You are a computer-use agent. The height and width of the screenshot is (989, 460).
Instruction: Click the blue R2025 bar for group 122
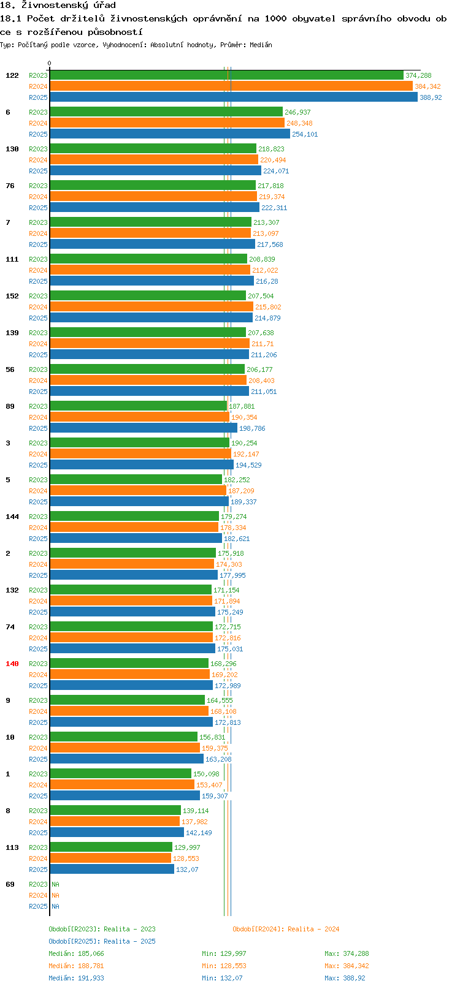pos(234,97)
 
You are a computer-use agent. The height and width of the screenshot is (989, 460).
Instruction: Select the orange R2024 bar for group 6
pos(167,123)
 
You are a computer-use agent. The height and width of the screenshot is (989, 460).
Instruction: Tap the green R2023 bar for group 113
pos(111,847)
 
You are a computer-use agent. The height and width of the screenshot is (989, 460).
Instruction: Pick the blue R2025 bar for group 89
pos(144,428)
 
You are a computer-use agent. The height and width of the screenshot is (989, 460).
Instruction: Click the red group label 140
pos(12,664)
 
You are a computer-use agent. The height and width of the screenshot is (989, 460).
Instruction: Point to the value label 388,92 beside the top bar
pos(431,97)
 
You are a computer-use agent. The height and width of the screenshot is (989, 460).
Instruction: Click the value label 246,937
pos(297,112)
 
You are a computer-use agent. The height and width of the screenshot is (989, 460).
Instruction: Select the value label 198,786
pos(252,428)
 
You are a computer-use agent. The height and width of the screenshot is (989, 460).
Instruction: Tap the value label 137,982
pos(194,822)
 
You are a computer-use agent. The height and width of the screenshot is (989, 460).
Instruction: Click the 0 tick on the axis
pos(49,63)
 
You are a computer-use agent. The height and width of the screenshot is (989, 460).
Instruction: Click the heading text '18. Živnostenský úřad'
pos(58,6)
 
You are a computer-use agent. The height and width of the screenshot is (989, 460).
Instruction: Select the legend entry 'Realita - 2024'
pos(313,929)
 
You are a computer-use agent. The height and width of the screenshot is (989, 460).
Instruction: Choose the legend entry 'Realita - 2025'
pos(129,941)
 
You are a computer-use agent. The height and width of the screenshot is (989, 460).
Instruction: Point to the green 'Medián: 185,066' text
pos(76,953)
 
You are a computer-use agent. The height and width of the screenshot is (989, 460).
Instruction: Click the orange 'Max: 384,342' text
pos(347,966)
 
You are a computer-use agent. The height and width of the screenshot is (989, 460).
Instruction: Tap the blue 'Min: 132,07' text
pos(222,978)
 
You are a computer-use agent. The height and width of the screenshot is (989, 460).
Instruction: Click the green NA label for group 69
pos(55,884)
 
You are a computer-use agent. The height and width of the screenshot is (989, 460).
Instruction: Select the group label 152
pos(12,296)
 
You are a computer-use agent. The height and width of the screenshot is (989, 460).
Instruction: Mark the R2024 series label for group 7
pos(38,233)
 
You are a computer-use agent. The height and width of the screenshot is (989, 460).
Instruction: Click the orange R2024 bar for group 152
pos(151,306)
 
